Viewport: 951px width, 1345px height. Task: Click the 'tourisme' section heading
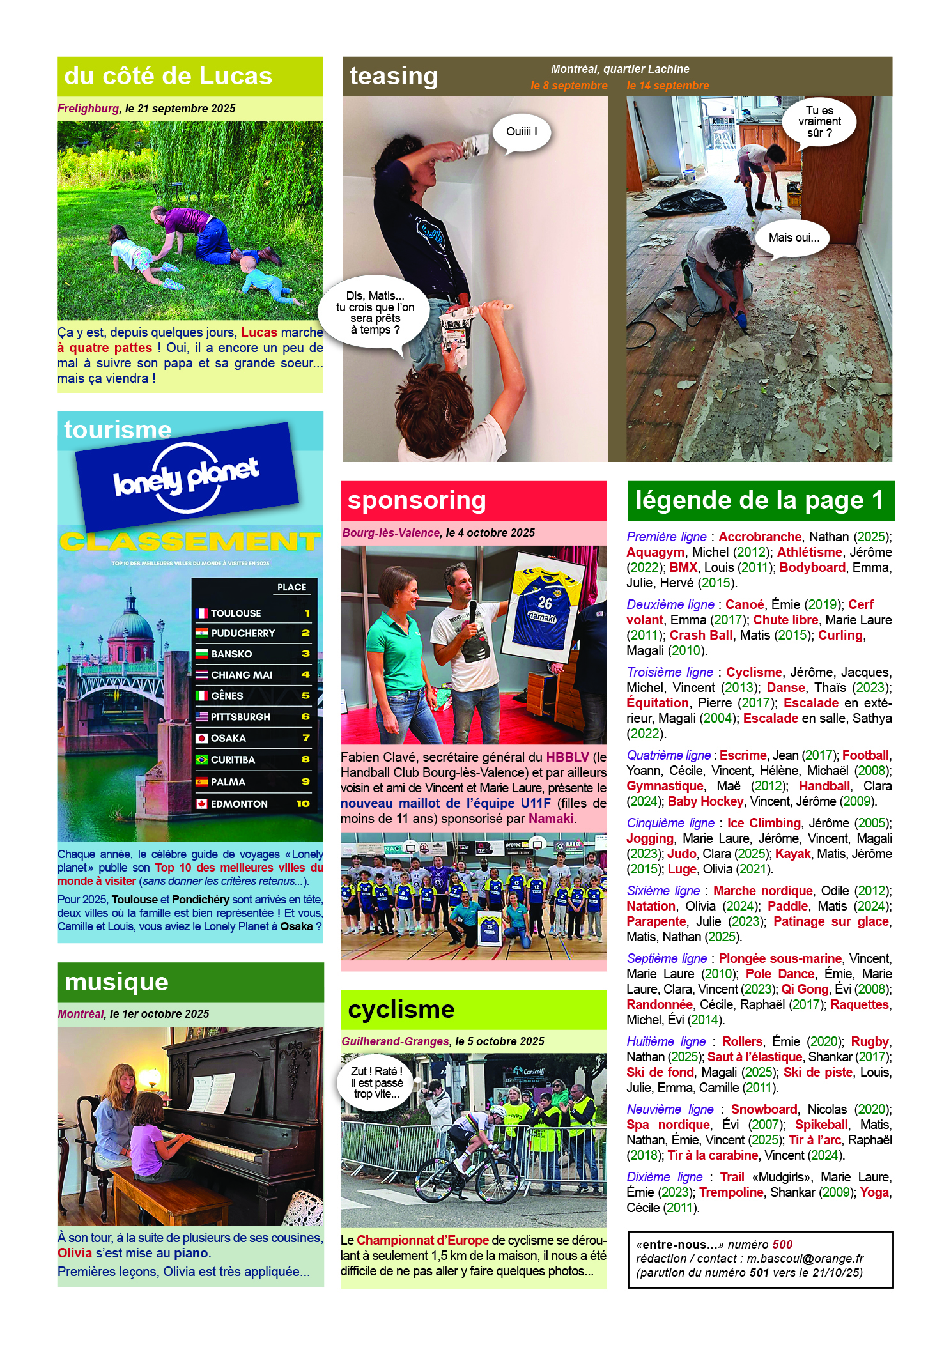[x=118, y=430]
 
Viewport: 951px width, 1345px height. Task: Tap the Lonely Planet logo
[x=187, y=477]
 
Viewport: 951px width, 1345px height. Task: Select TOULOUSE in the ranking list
[x=236, y=613]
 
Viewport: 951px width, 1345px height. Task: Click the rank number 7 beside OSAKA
[x=305, y=738]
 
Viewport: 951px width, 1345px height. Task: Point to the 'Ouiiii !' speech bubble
[x=522, y=132]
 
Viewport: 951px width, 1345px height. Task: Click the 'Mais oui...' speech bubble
[x=793, y=238]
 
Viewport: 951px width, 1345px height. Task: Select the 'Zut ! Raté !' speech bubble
[x=376, y=1082]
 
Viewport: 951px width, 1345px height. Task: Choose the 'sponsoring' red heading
[x=417, y=500]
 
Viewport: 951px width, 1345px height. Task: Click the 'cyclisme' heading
[x=401, y=1010]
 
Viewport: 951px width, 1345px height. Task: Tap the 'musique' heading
[x=117, y=982]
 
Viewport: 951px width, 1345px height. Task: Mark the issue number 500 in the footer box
[x=782, y=1244]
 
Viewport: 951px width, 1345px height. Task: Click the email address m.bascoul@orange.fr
[x=805, y=1258]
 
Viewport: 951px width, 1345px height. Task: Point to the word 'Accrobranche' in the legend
[x=760, y=537]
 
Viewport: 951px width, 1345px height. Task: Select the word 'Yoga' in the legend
[x=875, y=1192]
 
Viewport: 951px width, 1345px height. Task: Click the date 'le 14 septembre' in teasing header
[x=667, y=86]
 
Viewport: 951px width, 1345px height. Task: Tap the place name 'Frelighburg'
[x=88, y=109]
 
